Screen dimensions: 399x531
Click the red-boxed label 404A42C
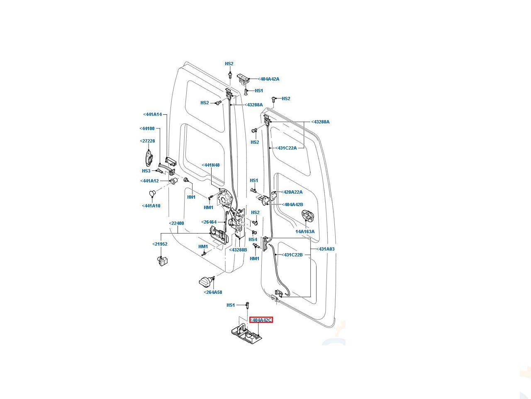261,320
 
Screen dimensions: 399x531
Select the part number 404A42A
268,79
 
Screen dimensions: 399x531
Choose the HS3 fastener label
146,171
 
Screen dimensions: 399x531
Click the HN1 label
191,197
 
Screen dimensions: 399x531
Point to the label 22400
176,223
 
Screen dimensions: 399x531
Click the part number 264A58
213,292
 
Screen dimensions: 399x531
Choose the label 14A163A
305,232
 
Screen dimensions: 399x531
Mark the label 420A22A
292,192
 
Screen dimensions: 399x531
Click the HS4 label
253,239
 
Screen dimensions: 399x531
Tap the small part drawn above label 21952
162,261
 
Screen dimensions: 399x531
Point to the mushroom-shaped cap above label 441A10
152,193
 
